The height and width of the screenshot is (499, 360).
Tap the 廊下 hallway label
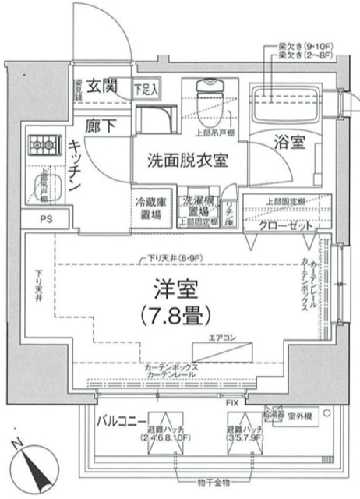tap(101, 125)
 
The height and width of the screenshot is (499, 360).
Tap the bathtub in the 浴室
tap(288, 104)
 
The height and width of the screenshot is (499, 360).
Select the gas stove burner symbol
tap(40, 145)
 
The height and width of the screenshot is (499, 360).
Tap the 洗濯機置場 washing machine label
tap(195, 207)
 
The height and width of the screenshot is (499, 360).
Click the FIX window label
tap(234, 403)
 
